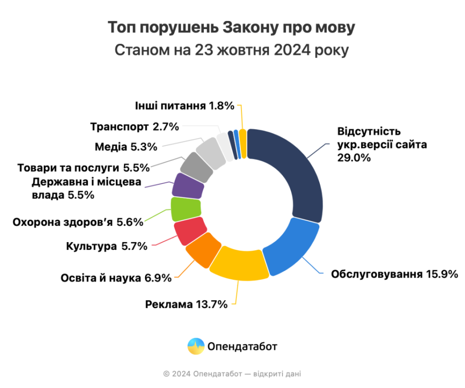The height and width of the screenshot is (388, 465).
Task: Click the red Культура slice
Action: coord(190,231)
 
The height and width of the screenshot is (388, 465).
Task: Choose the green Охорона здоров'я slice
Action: coord(186,209)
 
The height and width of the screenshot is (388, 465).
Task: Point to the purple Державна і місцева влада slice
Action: coord(188,186)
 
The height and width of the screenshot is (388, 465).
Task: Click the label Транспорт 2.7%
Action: coord(134,127)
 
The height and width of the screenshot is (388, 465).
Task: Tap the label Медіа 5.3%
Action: coord(126,147)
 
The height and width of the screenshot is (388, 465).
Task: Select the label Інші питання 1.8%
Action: coord(185,106)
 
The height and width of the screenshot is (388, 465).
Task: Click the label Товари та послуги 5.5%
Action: coord(84,168)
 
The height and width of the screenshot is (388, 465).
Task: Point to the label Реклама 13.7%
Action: coord(186,304)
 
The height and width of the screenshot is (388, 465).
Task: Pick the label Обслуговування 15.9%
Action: coord(395,274)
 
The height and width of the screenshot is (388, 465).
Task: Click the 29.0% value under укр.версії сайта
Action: coord(354,158)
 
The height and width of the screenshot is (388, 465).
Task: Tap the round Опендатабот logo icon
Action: coord(196,346)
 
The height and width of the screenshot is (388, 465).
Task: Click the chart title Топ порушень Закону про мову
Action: coord(231,27)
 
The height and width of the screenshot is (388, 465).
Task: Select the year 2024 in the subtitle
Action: coord(292,50)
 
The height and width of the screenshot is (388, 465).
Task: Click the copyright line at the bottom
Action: coord(232,374)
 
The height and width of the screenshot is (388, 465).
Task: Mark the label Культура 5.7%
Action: coord(107,246)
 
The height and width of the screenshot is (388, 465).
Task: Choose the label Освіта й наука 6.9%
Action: coord(116,278)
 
